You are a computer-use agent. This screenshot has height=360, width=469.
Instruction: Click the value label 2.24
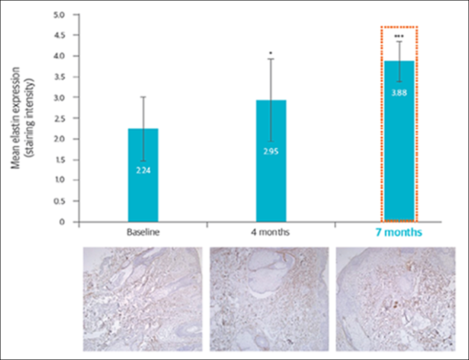click(143, 170)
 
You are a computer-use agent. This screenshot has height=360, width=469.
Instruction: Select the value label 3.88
click(399, 92)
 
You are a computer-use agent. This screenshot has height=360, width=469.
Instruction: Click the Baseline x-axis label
click(143, 232)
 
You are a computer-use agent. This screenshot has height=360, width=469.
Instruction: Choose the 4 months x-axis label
click(271, 232)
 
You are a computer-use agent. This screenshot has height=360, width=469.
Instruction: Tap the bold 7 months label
click(399, 232)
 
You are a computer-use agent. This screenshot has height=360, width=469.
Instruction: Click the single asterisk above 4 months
click(271, 52)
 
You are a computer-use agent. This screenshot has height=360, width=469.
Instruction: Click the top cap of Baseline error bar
click(143, 97)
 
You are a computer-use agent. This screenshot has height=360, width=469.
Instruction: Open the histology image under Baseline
click(143, 299)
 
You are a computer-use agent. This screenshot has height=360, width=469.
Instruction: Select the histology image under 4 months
click(269, 299)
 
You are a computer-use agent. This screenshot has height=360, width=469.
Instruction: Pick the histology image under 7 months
click(395, 299)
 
